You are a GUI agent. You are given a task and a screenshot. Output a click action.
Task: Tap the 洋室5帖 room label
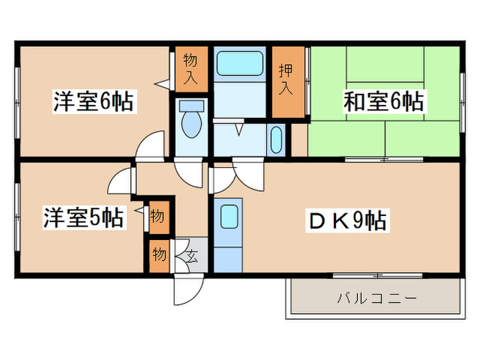coord(84,217)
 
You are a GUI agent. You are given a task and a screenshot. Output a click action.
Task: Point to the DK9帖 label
coord(348,221)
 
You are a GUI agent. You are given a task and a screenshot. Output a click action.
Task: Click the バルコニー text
coord(376,299)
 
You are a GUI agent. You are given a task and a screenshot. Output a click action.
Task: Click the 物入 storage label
coord(190,69)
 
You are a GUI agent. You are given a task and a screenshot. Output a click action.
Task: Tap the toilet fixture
coord(191,122)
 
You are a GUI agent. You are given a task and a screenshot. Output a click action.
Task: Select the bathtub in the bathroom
coord(239,63)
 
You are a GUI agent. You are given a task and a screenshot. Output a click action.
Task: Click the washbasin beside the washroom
coord(276,141)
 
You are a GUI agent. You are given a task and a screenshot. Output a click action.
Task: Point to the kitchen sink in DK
coord(229,218)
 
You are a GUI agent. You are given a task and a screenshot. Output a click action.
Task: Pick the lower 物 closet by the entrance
coord(158,255)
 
